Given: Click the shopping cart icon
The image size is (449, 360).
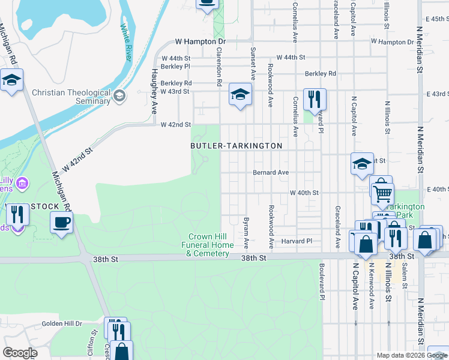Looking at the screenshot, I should [382, 193].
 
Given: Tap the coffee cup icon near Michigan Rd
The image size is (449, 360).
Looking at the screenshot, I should [62, 223].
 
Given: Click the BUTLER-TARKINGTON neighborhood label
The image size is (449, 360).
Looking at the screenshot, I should [236, 146].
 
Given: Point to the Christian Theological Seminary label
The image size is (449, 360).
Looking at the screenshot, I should [71, 97].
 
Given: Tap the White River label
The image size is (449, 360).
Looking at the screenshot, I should [126, 43].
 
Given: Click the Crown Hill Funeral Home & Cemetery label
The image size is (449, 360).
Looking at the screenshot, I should [208, 245].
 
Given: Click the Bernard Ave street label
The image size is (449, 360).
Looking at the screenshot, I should [271, 172].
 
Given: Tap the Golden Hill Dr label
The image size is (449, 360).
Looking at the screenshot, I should [61, 323].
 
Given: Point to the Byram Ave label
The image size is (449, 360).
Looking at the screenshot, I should [246, 233].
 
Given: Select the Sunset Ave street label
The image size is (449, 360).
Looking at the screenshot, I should [253, 64].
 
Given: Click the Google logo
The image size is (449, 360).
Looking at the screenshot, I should [20, 353].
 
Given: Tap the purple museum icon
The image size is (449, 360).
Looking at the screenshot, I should [22, 182].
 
